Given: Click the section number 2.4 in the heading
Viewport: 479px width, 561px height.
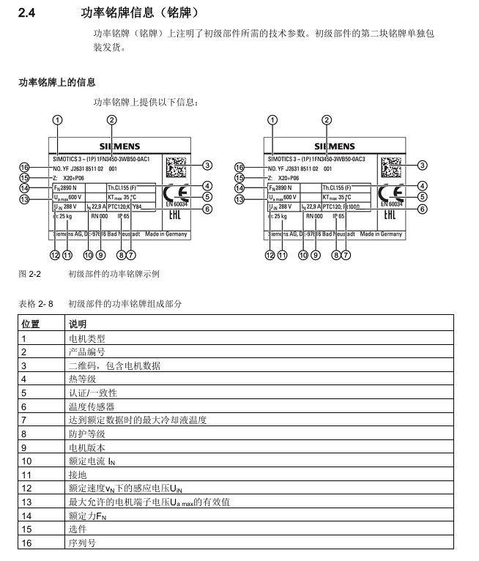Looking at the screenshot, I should pos(27,13).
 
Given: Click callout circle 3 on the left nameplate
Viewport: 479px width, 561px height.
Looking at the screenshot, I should pos(207,166).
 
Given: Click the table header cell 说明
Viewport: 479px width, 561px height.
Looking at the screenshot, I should pos(77,324).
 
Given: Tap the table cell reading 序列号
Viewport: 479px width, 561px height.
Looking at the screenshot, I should pos(81,543).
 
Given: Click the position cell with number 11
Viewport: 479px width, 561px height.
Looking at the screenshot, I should pos(27,474).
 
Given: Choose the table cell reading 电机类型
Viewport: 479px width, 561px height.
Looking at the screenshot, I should pos(86,338).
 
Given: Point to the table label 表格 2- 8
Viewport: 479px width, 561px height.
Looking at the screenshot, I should pos(35,302).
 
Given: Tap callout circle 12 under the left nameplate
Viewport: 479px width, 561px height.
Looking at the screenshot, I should pos(53,255).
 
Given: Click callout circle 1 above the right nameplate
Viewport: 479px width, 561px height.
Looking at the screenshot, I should pos(272,120).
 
